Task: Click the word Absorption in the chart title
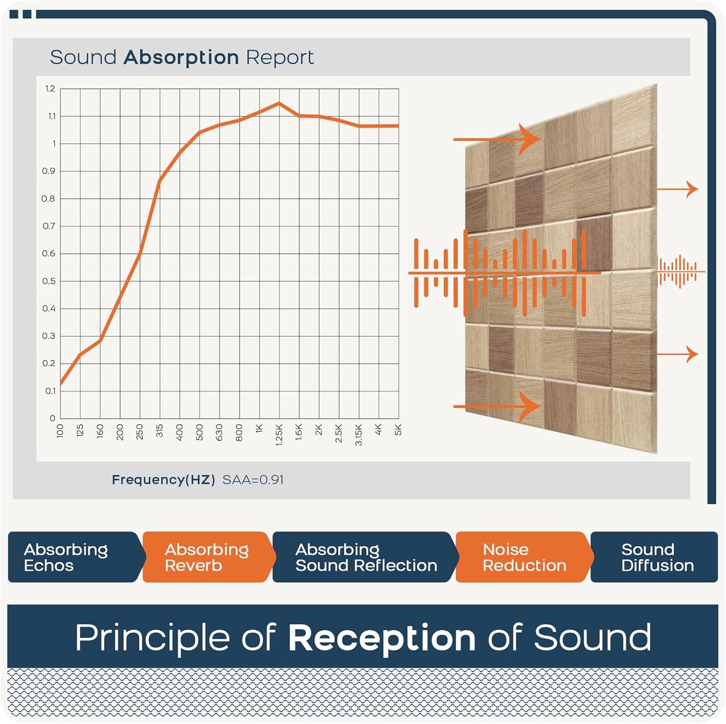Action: coord(181,58)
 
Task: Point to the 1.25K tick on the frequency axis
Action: coord(279,435)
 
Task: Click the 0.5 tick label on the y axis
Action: coord(49,281)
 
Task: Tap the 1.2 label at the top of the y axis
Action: coord(50,89)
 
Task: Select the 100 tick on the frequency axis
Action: coord(60,431)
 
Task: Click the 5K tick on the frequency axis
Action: coord(398,430)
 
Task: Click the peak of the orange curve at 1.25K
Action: coord(279,103)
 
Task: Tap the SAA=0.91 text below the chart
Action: coord(253,480)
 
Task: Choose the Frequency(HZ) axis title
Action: coord(163,480)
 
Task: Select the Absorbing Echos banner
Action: coord(70,557)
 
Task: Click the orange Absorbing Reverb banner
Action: coord(206,557)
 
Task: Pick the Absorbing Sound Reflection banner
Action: coord(366,557)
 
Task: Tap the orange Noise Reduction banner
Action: coord(524,557)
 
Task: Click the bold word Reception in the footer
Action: coord(382,638)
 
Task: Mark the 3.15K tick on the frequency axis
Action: coord(359,435)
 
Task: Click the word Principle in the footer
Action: coord(154,638)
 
